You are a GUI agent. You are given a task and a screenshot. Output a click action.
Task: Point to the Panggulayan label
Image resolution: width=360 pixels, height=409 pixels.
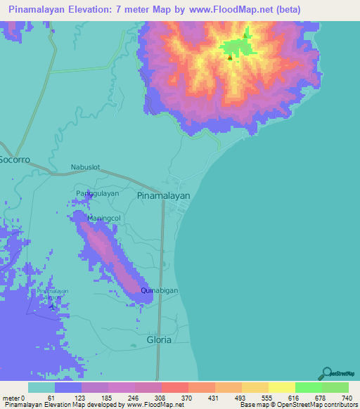pos(97,193)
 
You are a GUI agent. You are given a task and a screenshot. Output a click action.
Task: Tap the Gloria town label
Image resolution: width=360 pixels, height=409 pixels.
pos(158,339)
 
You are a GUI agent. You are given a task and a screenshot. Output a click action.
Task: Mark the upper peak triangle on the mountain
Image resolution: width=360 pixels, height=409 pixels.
pos(245,36)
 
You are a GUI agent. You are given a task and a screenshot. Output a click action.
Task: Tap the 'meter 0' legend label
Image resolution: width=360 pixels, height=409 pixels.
pos(13,398)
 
